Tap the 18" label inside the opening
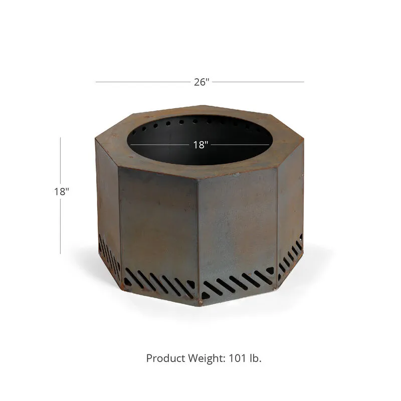coord(200,145)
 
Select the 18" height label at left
coord(62,191)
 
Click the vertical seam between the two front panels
coord(198,236)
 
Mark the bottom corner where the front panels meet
coord(199,302)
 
